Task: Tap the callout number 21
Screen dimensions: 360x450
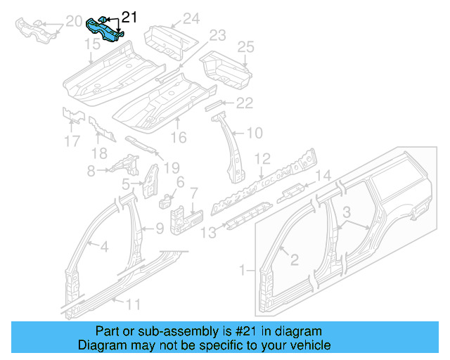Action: [130, 16]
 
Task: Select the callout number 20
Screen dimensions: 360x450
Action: [72, 25]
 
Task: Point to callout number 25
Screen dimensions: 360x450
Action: [245, 47]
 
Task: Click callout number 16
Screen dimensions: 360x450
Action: [179, 138]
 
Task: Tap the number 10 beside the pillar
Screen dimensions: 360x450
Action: [255, 132]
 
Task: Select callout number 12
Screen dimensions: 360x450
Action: [262, 158]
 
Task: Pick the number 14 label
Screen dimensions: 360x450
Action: [322, 176]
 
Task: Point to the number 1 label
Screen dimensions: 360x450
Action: [244, 270]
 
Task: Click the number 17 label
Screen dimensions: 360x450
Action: [72, 141]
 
